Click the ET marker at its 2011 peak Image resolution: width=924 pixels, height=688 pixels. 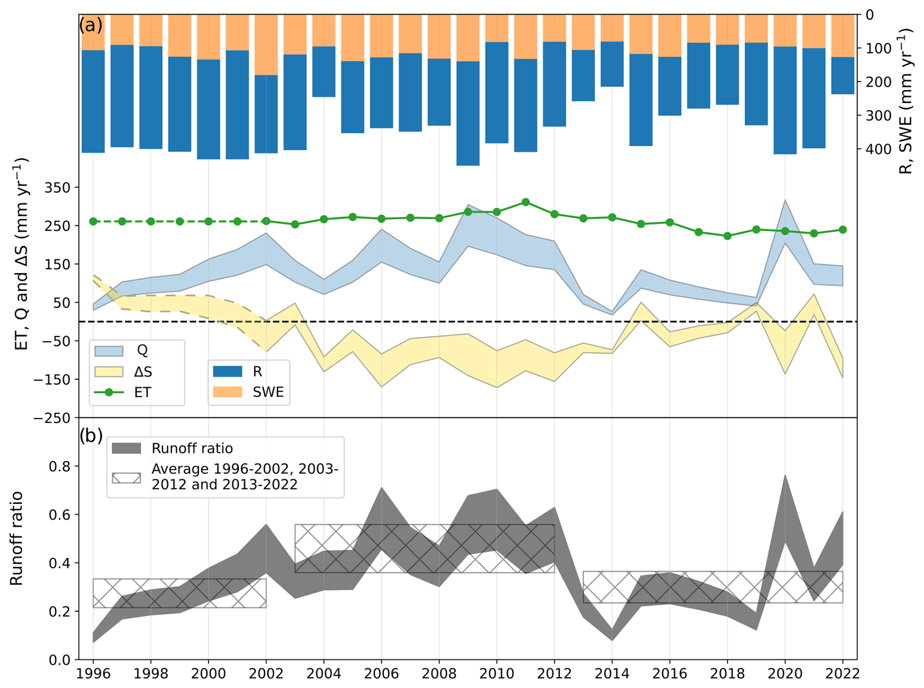click(x=525, y=202)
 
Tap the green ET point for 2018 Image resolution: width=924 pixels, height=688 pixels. click(x=727, y=236)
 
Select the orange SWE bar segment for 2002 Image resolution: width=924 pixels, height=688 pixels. click(x=266, y=44)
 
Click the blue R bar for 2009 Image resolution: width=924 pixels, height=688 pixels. click(x=468, y=113)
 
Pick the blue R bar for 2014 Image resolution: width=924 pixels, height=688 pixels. click(x=612, y=64)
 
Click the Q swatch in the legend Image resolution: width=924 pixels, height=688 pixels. click(x=108, y=350)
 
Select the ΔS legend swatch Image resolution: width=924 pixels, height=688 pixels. click(x=108, y=372)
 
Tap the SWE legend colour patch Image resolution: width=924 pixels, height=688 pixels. click(x=228, y=392)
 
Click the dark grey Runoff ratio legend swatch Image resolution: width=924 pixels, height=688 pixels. click(x=126, y=448)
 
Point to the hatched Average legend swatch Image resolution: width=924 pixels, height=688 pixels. click(x=126, y=477)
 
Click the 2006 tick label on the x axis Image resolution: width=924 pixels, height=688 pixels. click(x=381, y=673)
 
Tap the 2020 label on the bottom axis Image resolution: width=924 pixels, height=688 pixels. click(x=785, y=673)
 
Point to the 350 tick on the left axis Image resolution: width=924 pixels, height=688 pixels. click(x=58, y=188)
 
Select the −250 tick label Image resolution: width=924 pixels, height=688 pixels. click(x=52, y=418)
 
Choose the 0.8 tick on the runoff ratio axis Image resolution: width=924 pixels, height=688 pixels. click(x=60, y=466)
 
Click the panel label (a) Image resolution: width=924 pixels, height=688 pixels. click(x=91, y=25)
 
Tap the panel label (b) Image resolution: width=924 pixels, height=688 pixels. click(x=91, y=435)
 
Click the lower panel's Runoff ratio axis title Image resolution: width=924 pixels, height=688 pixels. click(x=17, y=538)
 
